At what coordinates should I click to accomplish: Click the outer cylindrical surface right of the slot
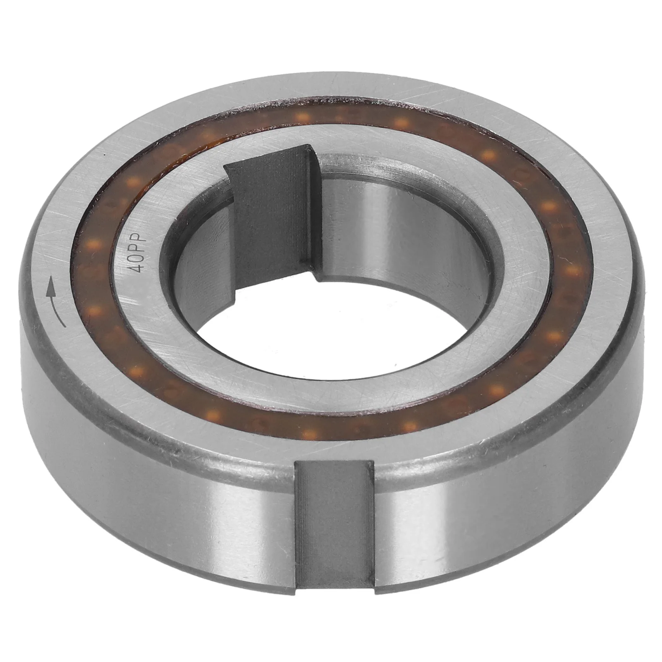496,488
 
